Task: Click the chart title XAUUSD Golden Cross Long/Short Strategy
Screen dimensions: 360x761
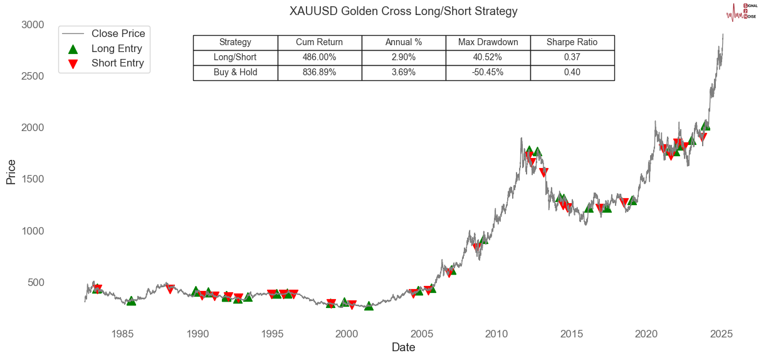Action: pos(404,12)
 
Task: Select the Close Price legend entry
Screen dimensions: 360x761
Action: pos(118,33)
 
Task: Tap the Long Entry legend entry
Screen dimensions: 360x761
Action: pos(117,48)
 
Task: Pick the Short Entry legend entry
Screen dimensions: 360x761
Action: pos(117,63)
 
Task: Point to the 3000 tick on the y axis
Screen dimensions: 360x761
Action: pos(33,24)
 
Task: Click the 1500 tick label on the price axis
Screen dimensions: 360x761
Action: pos(33,179)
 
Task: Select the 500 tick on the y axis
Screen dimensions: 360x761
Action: pos(36,282)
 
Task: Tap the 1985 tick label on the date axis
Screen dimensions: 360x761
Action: pos(123,333)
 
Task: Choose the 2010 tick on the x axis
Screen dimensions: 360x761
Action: pos(496,333)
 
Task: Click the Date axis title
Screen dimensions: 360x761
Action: pos(403,347)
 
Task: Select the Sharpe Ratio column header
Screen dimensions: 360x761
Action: pos(572,43)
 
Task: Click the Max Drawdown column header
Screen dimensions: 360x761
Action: pos(488,43)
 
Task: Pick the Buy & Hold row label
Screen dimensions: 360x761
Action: pos(235,72)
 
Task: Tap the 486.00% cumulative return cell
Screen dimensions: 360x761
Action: pos(319,57)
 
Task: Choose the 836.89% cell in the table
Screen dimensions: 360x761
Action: pos(319,72)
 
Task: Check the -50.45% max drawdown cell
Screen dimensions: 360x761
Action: pos(488,72)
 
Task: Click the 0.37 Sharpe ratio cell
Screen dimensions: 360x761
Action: pos(572,57)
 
